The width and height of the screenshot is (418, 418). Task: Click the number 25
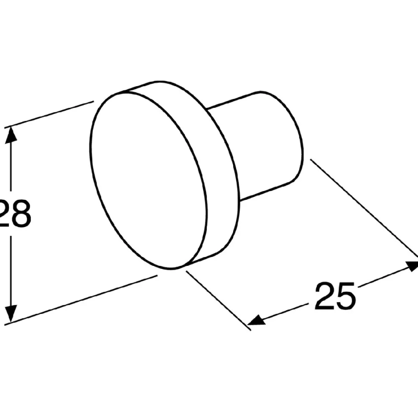pyautogui.click(x=335, y=296)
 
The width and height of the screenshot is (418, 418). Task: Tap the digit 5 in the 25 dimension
pyautogui.click(x=346, y=296)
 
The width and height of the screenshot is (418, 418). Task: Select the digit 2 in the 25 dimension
pyautogui.click(x=324, y=296)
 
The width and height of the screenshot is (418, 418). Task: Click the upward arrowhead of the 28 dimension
pyautogui.click(x=11, y=135)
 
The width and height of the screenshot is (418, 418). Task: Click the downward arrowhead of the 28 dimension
pyautogui.click(x=11, y=313)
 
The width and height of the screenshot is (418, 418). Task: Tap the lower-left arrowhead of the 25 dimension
pyautogui.click(x=257, y=320)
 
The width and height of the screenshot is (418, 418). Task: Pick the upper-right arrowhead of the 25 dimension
pyautogui.click(x=411, y=266)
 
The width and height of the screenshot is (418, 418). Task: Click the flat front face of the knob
pyautogui.click(x=148, y=180)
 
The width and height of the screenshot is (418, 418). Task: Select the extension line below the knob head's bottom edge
pyautogui.click(x=219, y=301)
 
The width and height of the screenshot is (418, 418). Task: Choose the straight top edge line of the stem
pyautogui.click(x=234, y=100)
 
